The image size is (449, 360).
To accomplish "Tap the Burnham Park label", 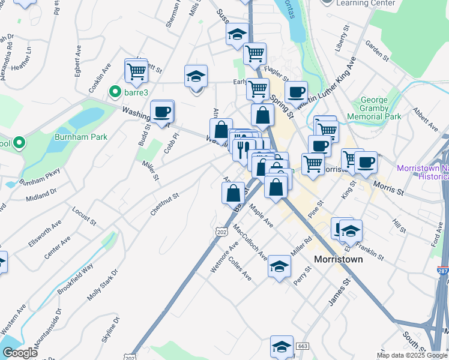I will tap(81, 137).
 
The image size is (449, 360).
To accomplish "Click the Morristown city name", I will tap(339, 259).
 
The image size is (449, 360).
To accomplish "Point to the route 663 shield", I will tap(302, 347).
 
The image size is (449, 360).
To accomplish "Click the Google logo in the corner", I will tap(20, 353).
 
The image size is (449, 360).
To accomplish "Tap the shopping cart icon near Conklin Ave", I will tap(136, 71).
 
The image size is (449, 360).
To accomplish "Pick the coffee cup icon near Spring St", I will tap(295, 93).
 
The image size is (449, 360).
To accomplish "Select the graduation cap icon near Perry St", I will tap(279, 267).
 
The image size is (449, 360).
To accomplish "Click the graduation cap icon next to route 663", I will tap(282, 347).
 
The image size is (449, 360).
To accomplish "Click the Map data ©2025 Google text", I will tap(411, 355).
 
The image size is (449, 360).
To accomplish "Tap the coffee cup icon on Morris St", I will tap(366, 162).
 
